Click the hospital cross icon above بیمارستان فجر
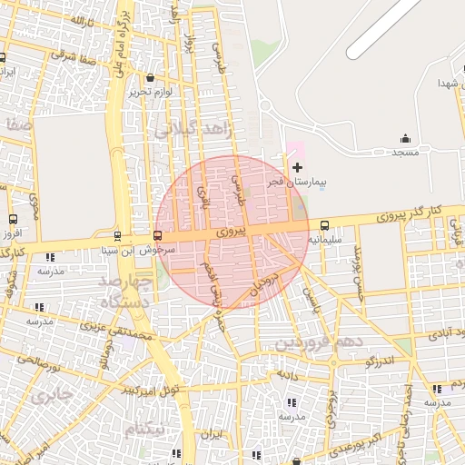297,167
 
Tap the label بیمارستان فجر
295,183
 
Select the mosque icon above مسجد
405,138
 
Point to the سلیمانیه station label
324,240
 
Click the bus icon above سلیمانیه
325,225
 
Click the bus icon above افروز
13,219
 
